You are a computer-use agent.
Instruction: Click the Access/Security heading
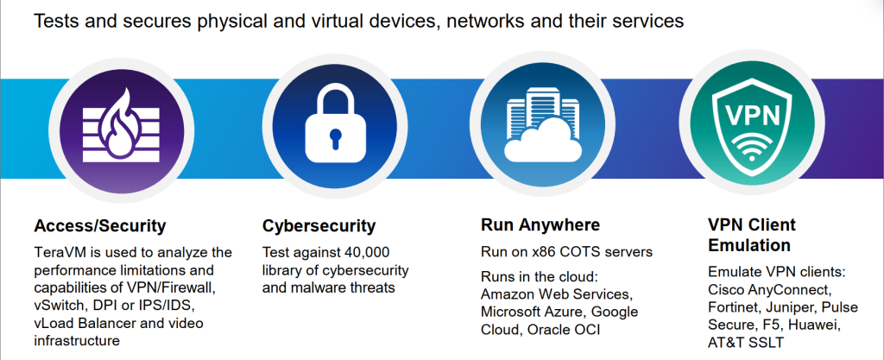tap(100, 227)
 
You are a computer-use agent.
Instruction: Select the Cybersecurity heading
tap(319, 227)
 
